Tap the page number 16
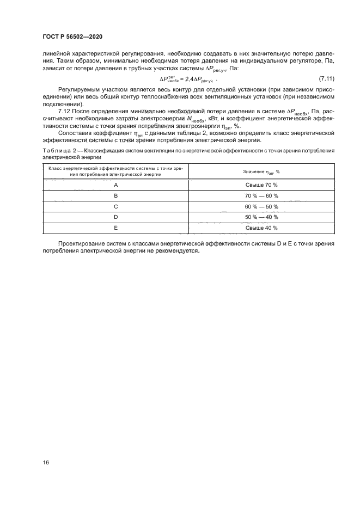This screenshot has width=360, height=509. tap(46, 462)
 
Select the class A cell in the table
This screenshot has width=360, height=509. tap(115, 185)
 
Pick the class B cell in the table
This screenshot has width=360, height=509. tap(115, 196)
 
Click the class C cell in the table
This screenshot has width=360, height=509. tap(115, 207)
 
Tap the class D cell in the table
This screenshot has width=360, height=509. tap(115, 217)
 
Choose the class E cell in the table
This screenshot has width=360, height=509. tap(115, 228)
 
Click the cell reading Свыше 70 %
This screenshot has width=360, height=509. tap(261, 185)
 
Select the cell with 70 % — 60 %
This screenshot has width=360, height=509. tap(261, 196)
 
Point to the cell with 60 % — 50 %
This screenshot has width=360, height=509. tap(261, 207)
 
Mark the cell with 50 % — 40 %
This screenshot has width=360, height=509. tap(261, 217)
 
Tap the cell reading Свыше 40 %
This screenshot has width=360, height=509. tap(261, 228)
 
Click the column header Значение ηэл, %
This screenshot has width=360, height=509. tap(261, 171)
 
